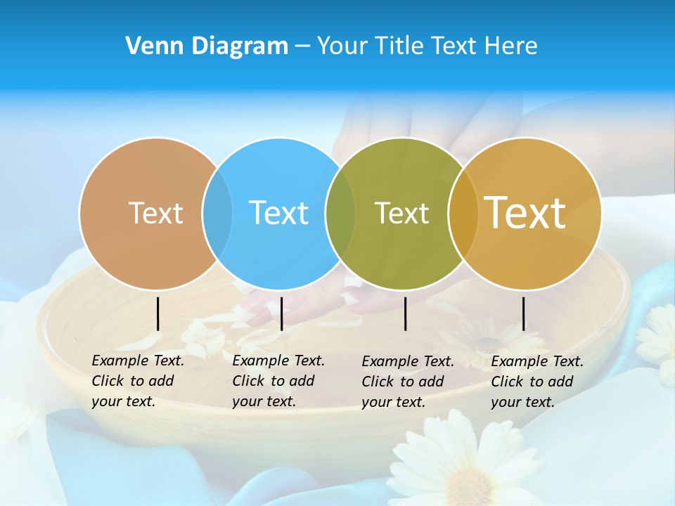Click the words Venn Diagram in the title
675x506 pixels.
pos(207,46)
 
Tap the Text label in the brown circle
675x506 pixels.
pos(155,213)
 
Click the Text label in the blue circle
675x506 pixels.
pos(279,213)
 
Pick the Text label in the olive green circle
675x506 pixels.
pos(401,213)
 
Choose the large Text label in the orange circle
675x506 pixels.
pos(525,212)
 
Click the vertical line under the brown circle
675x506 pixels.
pos(157,313)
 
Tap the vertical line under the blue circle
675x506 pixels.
pos(281,313)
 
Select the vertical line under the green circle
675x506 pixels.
pos(405,313)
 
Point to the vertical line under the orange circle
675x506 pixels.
pos(523,313)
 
